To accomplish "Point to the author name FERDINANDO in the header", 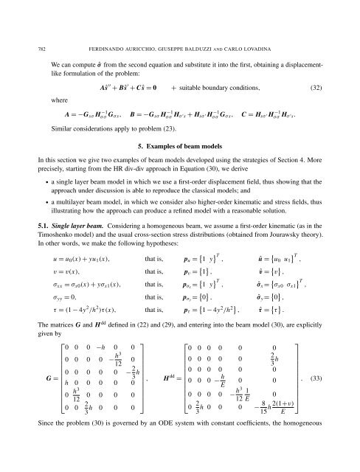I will coord(122,9).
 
